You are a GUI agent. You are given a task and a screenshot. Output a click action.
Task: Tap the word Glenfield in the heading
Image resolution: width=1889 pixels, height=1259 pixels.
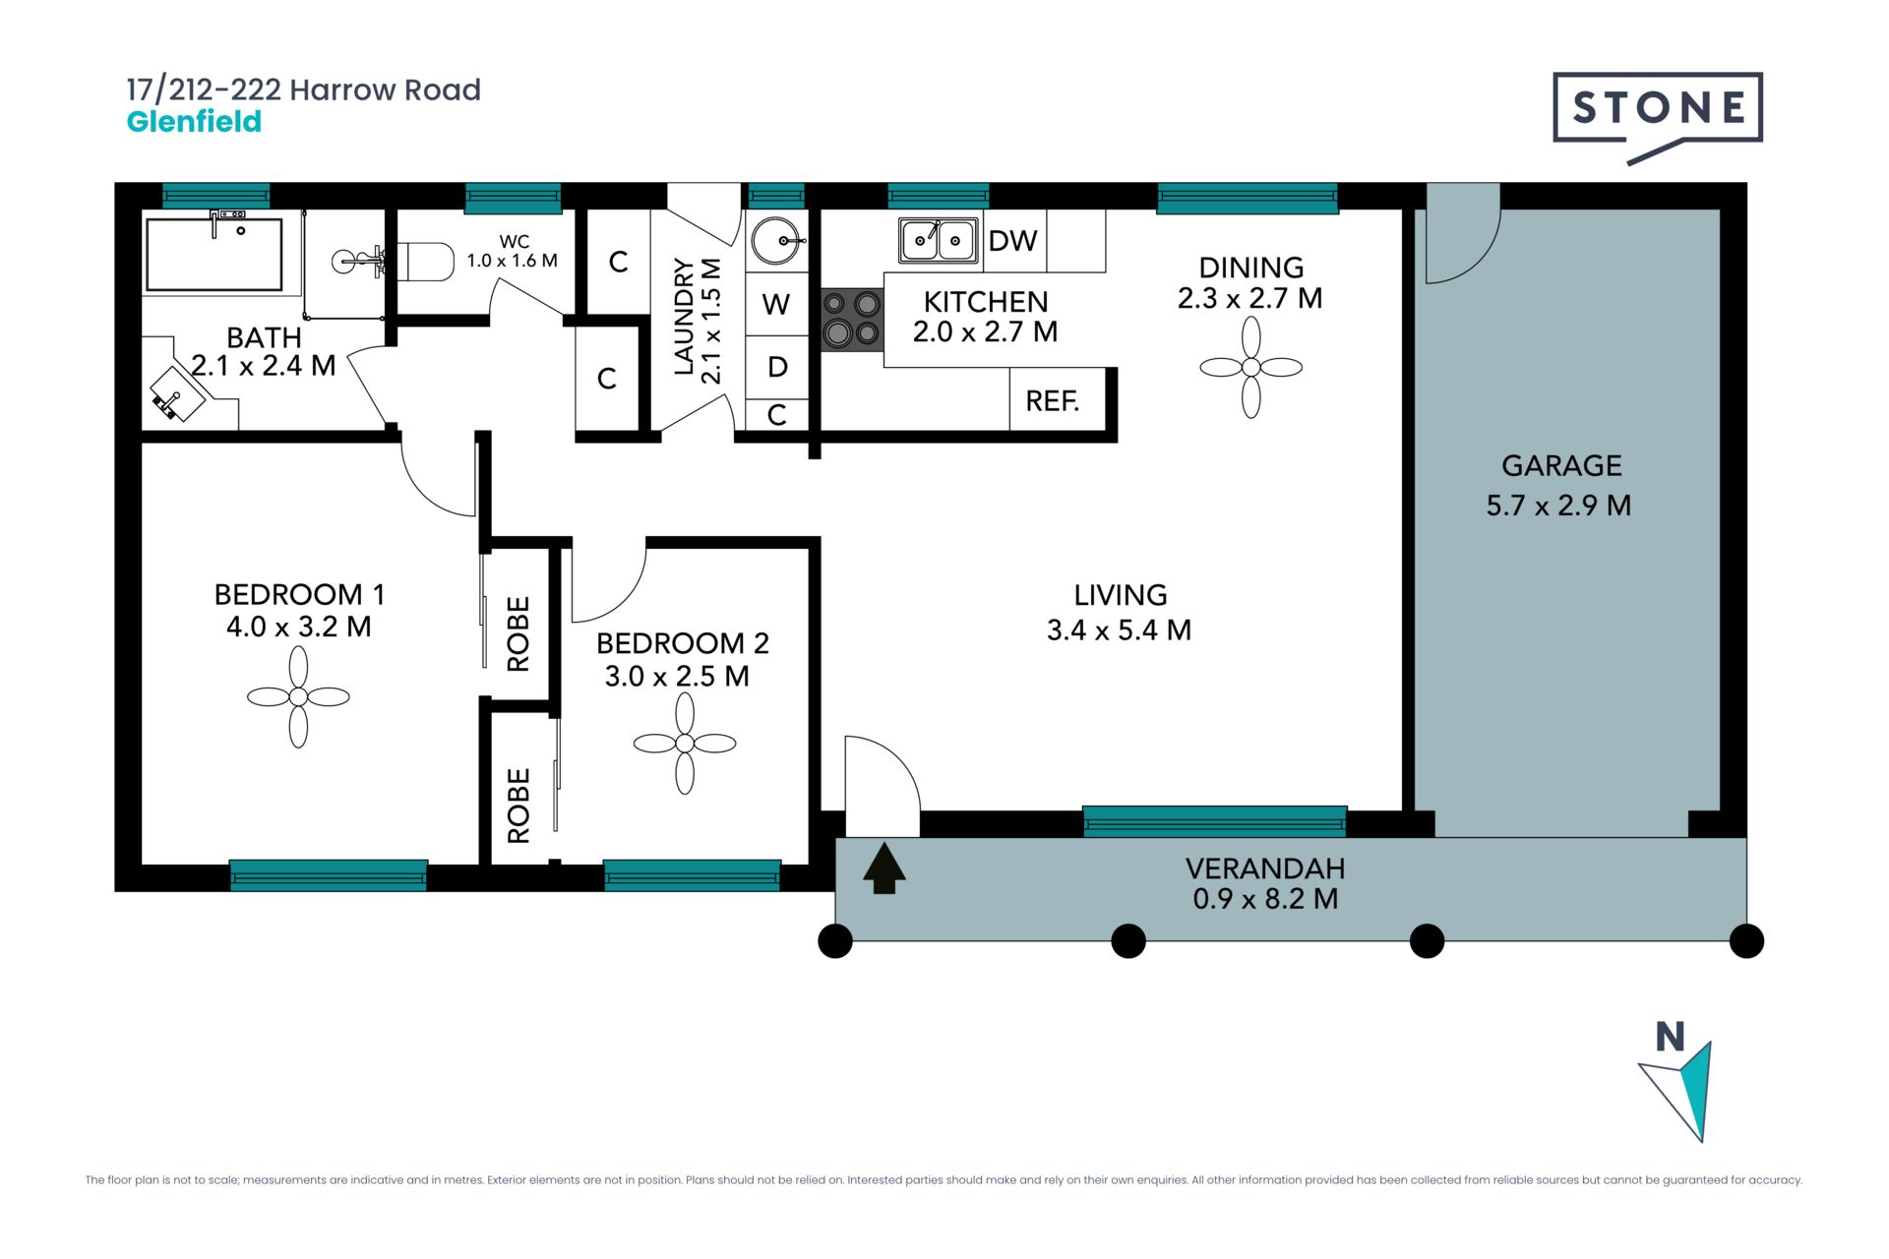(x=194, y=122)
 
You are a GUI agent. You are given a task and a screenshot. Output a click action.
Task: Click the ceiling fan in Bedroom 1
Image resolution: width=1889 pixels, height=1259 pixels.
(x=298, y=697)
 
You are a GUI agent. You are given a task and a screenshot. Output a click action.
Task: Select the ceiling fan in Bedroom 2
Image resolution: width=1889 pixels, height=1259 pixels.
(x=685, y=744)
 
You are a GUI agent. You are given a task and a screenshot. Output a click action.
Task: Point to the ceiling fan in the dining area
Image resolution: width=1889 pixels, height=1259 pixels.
(x=1251, y=368)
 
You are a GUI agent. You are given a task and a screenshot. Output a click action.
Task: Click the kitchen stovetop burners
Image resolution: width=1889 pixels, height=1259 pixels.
(x=852, y=320)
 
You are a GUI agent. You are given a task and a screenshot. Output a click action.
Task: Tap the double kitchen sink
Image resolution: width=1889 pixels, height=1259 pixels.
(x=939, y=241)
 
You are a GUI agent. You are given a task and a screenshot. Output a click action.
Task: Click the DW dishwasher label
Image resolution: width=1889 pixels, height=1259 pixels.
(x=1012, y=241)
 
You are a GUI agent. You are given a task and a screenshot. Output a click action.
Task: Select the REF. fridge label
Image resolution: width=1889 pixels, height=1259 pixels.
(x=1052, y=401)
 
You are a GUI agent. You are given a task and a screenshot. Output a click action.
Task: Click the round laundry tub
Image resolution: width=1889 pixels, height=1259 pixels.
(x=777, y=241)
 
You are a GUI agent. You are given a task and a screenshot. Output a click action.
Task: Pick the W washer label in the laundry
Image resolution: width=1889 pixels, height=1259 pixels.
(x=776, y=305)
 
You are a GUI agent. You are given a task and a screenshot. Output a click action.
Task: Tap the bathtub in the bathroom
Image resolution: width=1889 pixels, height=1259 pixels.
(x=214, y=254)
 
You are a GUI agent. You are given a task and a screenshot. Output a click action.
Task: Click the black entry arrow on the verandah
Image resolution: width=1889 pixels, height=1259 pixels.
(x=884, y=869)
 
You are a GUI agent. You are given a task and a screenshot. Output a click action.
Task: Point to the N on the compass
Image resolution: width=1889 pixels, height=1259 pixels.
(x=1670, y=1037)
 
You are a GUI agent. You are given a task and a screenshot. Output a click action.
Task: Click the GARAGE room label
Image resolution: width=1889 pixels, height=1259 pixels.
(x=1561, y=465)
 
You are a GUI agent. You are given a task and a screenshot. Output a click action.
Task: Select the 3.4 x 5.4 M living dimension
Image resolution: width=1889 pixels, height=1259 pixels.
(x=1119, y=630)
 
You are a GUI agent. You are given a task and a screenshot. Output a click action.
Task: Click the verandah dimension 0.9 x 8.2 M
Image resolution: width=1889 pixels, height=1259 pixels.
(x=1265, y=899)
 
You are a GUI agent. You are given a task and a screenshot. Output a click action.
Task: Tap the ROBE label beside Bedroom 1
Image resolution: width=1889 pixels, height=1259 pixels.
(x=518, y=633)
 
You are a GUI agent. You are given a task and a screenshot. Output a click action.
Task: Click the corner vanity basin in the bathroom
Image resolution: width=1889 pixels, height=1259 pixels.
(x=178, y=393)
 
